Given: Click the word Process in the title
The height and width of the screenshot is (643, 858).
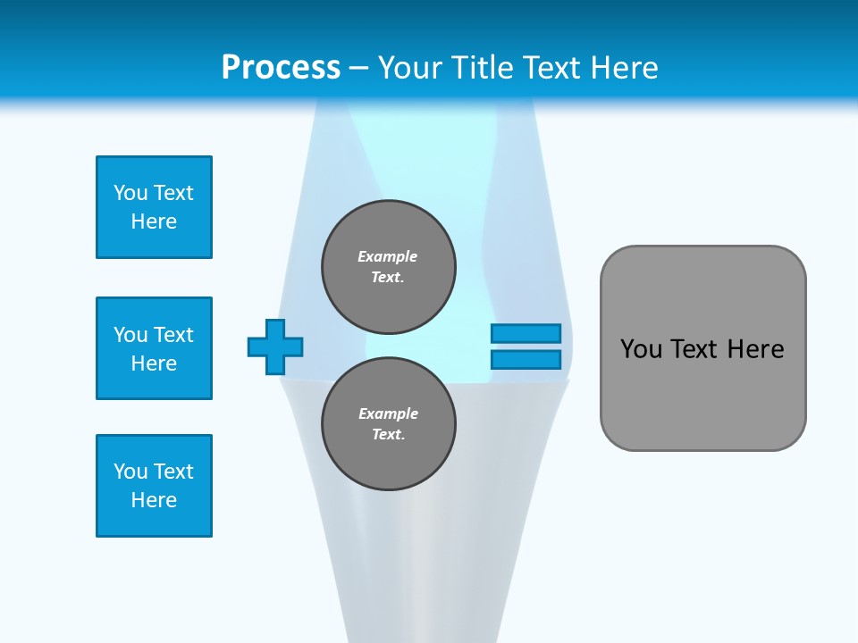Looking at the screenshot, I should pyautogui.click(x=281, y=68).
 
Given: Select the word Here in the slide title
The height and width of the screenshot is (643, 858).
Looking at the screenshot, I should pyautogui.click(x=622, y=68).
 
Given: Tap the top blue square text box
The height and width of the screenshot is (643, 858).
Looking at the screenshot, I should pyautogui.click(x=154, y=207).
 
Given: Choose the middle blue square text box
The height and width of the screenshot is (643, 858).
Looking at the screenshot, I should pyautogui.click(x=154, y=348).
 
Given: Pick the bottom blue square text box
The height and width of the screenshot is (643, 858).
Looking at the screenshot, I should pyautogui.click(x=154, y=486).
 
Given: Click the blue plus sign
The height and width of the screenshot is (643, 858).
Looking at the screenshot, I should pyautogui.click(x=275, y=347).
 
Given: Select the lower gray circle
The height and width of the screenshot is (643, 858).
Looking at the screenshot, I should pyautogui.click(x=389, y=424).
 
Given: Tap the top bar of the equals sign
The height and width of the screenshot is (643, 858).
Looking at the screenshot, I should pyautogui.click(x=526, y=333).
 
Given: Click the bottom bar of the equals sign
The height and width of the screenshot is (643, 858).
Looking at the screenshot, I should pyautogui.click(x=526, y=360).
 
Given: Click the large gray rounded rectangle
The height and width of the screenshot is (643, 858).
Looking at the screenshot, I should pyautogui.click(x=702, y=348).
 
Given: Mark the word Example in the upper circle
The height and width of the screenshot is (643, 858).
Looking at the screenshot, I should pyautogui.click(x=388, y=256).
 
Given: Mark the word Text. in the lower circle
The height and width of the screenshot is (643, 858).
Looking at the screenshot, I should pyautogui.click(x=388, y=435).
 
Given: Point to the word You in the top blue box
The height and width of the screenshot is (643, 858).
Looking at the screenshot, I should pyautogui.click(x=130, y=193).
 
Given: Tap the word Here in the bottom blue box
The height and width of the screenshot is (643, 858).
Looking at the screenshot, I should pyautogui.click(x=154, y=500).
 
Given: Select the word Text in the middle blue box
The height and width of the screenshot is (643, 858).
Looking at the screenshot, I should pyautogui.click(x=174, y=335).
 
